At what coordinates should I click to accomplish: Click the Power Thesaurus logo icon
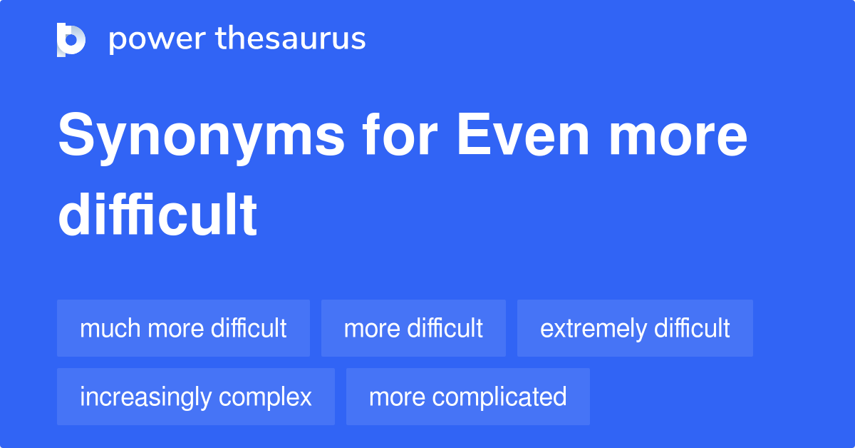coord(71,39)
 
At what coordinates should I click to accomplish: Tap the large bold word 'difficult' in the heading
coord(157,215)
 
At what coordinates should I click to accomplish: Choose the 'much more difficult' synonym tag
coord(183,328)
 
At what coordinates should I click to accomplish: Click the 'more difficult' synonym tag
coord(413,328)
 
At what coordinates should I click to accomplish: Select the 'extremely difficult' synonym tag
coord(635,328)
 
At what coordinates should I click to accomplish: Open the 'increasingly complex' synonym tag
coord(196,397)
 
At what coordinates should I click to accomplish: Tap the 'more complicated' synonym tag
coord(467,397)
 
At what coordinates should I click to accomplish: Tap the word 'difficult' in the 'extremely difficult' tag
coord(692,328)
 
